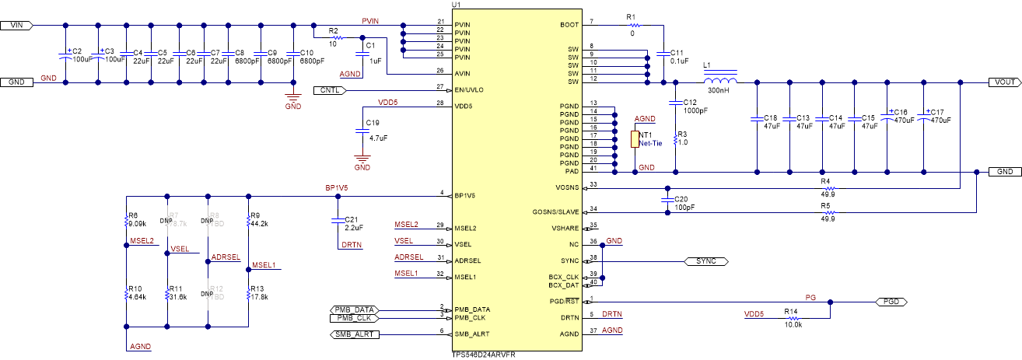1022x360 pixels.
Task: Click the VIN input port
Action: tap(16, 25)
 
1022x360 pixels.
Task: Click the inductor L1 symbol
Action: tap(720, 82)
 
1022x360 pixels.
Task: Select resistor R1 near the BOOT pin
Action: tap(631, 24)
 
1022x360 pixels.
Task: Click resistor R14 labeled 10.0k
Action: tap(791, 317)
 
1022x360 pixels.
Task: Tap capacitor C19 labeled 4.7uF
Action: tap(362, 131)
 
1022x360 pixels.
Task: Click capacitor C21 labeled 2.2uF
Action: tap(338, 218)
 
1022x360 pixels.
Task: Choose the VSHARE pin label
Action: tap(565, 227)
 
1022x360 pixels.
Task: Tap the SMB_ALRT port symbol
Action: tap(351, 334)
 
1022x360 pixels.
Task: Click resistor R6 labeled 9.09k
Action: tap(126, 222)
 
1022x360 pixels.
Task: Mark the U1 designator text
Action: tap(456, 5)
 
